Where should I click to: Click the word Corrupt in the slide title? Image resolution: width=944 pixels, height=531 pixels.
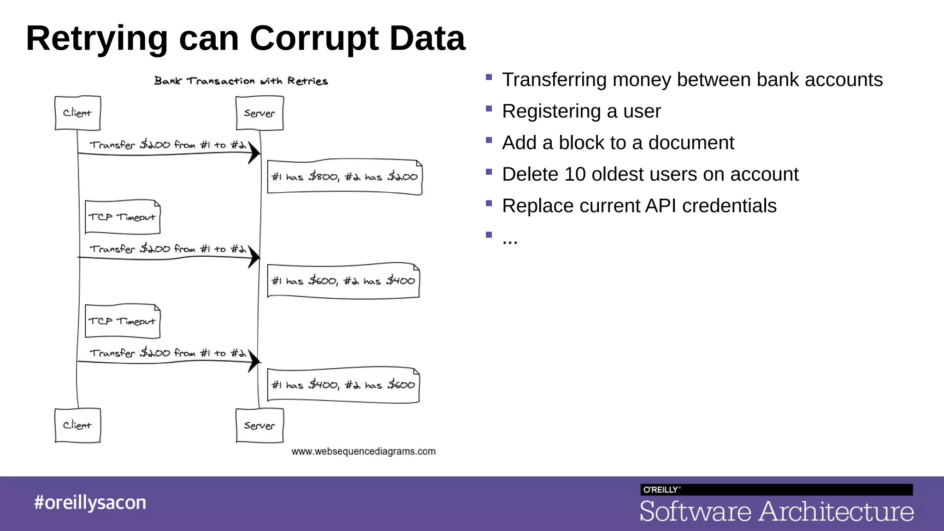click(x=313, y=39)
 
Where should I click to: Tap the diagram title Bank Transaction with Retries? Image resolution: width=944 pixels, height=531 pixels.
click(x=241, y=81)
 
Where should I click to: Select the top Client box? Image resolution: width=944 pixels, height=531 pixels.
click(x=77, y=113)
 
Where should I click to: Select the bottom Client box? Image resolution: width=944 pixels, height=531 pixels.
click(x=77, y=425)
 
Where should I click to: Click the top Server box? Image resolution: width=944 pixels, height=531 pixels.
click(x=260, y=113)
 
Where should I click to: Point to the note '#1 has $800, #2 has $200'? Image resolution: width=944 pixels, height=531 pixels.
click(x=344, y=177)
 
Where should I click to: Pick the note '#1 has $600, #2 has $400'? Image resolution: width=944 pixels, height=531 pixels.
click(x=343, y=281)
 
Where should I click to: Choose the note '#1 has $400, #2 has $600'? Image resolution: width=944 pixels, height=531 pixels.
click(x=343, y=385)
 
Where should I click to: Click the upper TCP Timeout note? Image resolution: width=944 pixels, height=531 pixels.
click(x=123, y=217)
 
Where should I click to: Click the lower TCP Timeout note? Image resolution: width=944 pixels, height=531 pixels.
click(x=123, y=321)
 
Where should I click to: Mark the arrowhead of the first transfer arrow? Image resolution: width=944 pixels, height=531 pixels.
click(x=254, y=153)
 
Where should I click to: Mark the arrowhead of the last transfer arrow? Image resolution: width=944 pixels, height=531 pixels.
click(x=254, y=361)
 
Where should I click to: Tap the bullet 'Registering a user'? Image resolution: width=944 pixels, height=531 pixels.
click(x=581, y=112)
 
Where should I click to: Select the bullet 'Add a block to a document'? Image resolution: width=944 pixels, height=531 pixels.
click(x=618, y=143)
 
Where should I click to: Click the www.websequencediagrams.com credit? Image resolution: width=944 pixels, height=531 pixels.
click(x=363, y=452)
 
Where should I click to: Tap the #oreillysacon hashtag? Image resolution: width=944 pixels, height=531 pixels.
click(x=90, y=502)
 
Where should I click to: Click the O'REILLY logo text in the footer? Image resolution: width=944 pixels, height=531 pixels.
click(x=661, y=490)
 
